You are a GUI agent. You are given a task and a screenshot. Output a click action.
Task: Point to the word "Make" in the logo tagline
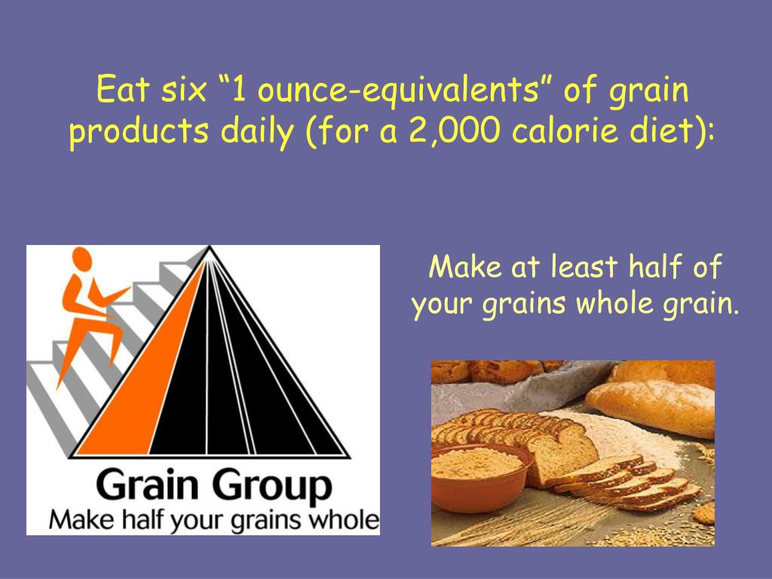point(79,520)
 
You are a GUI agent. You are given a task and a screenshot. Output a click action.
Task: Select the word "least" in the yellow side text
point(584,268)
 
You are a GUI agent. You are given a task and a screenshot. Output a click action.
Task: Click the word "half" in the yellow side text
point(661,268)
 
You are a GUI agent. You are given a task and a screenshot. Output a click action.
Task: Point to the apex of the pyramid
point(210,248)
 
